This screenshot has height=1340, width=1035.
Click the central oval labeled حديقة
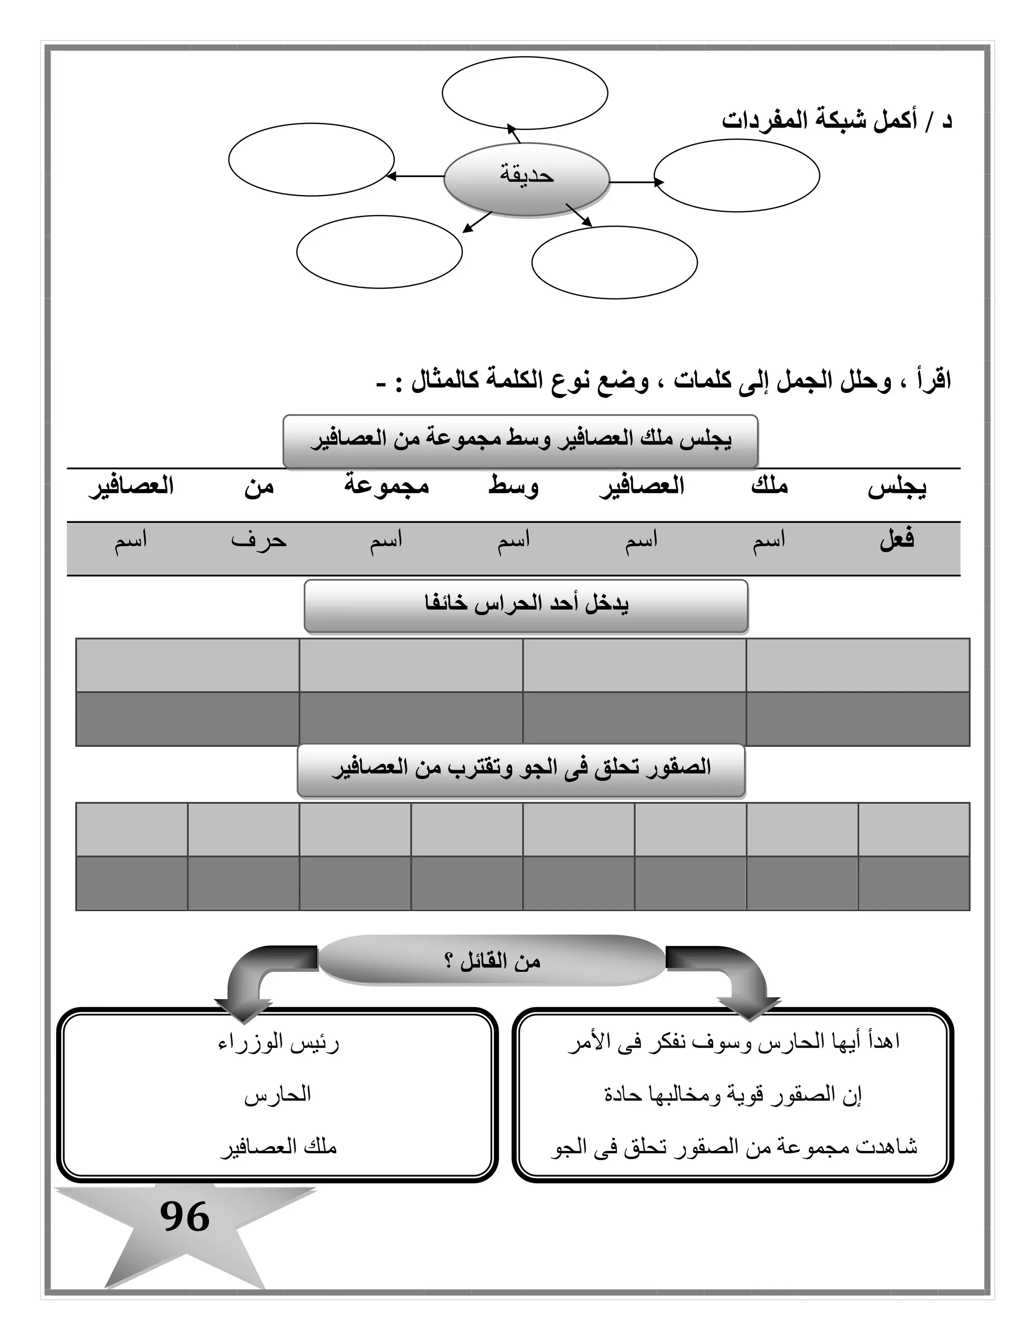click(526, 178)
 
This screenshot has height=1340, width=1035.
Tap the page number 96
click(184, 1217)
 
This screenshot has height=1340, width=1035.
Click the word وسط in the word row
click(513, 486)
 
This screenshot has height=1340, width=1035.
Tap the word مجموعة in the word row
click(386, 486)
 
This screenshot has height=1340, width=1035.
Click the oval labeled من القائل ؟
click(492, 961)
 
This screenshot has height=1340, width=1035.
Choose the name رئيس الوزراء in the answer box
click(278, 1043)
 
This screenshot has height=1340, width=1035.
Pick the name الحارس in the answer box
click(278, 1095)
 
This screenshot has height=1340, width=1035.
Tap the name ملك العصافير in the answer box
click(278, 1147)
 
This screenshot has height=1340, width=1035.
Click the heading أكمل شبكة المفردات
click(836, 121)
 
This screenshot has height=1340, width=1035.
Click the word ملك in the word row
click(769, 486)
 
